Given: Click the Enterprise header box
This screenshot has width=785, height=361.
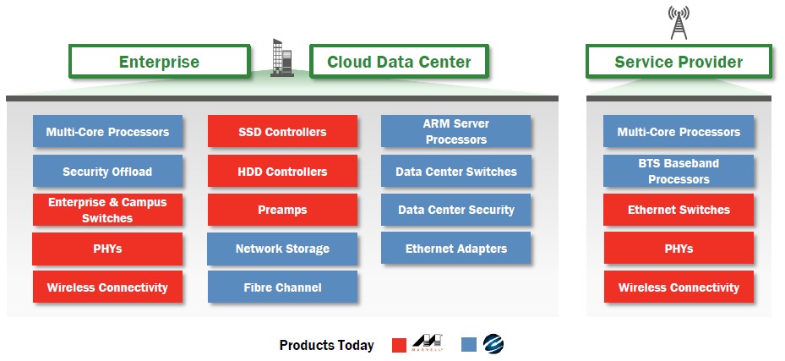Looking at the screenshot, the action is point(159,62).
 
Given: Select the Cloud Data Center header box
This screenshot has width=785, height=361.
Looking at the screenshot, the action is point(399,62).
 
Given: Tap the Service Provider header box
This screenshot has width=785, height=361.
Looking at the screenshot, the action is point(679,62).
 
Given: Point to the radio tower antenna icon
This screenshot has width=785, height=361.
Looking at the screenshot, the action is point(679,23).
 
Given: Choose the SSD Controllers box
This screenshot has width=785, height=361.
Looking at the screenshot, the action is point(282,131).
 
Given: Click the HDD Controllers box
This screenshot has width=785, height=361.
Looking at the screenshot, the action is point(282,171).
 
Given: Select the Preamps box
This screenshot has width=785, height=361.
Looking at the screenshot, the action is point(282,210).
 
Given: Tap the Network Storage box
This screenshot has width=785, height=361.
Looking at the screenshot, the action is point(282,249).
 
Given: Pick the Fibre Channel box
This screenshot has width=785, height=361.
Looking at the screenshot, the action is point(282,287).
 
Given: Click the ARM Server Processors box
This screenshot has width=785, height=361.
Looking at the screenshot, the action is point(455,131).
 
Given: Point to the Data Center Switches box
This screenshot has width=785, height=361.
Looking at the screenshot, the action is point(455,171).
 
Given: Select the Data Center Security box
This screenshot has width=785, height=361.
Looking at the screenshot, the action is point(455,210).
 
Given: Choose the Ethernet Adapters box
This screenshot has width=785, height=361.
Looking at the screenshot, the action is point(455,248).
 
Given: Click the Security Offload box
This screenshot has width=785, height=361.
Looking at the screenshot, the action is point(107,171).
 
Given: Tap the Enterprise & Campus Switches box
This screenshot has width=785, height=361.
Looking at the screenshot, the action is point(107,210).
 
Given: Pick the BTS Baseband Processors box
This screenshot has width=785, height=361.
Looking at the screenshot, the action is point(679,171).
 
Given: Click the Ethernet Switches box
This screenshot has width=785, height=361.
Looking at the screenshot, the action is point(679,210).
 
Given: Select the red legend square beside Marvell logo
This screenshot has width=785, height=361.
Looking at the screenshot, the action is point(399,345).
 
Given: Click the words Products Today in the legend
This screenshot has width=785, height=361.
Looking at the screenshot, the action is point(326,345).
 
